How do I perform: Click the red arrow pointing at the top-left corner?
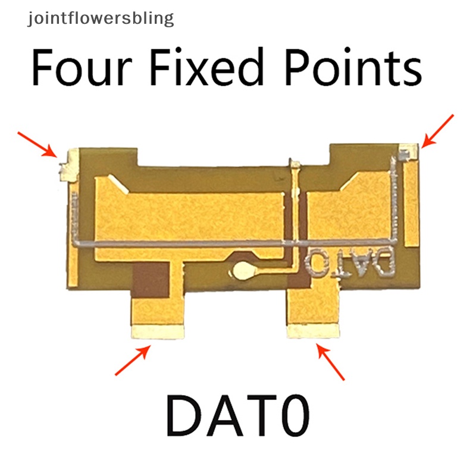(x=37, y=144)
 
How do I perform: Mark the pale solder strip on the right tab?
(x=313, y=331)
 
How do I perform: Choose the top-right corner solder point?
(x=409, y=151)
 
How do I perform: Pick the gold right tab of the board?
(x=314, y=306)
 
